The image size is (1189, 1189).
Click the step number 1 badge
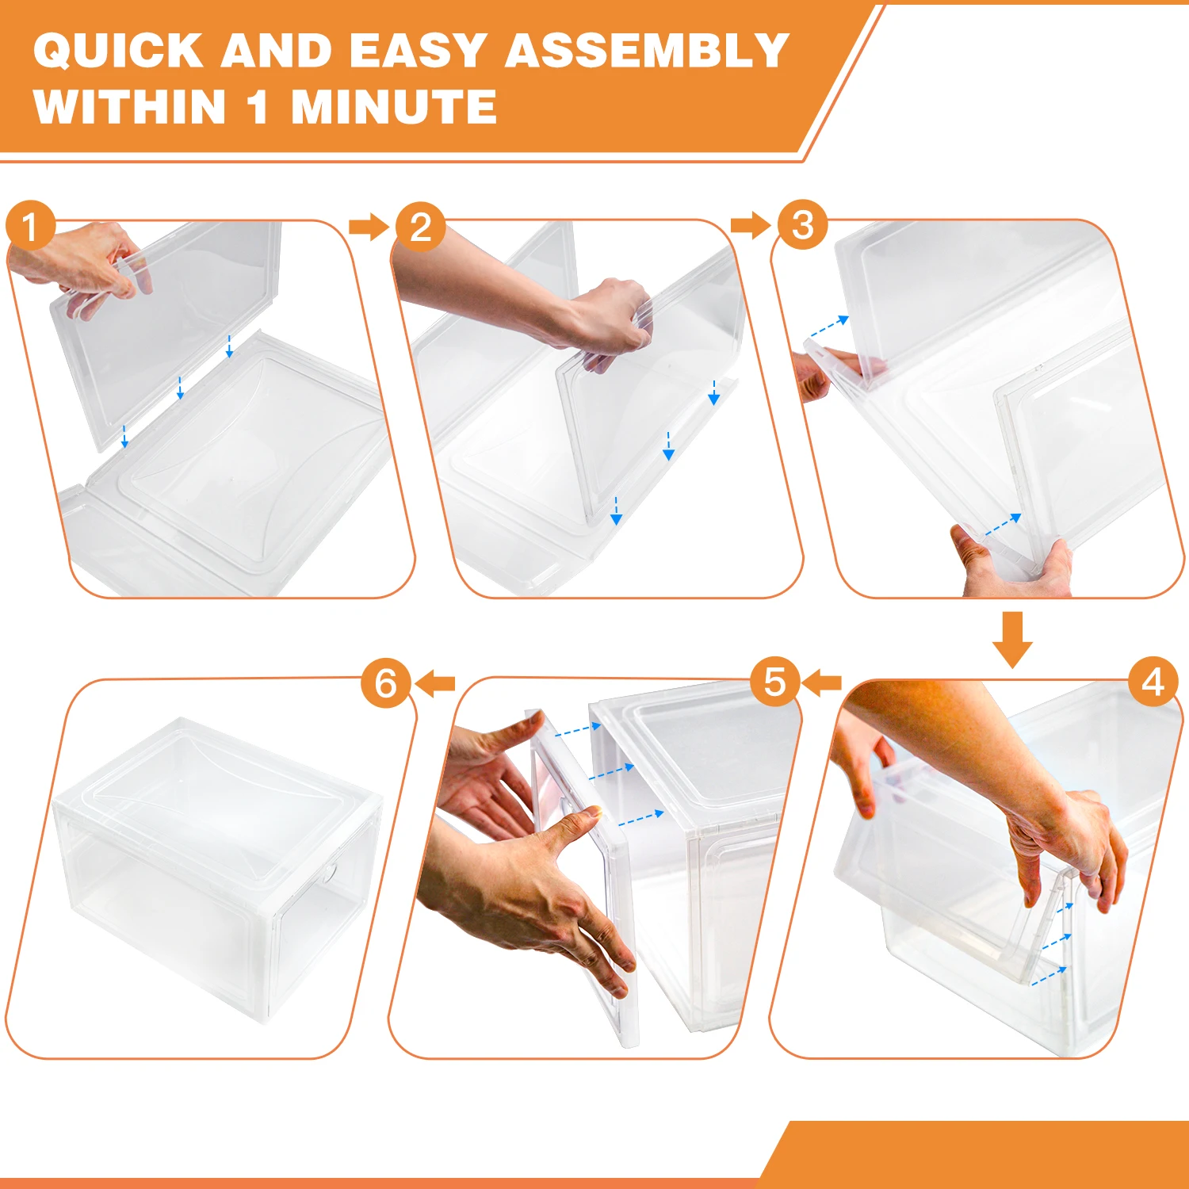tap(30, 226)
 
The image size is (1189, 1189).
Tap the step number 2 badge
tap(420, 227)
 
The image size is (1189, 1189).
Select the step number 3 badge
tap(802, 225)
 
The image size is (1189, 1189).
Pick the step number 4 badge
tap(1153, 682)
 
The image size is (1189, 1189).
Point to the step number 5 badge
tap(774, 682)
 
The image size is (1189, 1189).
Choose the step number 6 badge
tap(386, 683)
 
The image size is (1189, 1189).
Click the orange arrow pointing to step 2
tap(369, 227)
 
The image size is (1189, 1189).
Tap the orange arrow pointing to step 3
tap(751, 225)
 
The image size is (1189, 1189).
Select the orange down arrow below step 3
tap(1012, 640)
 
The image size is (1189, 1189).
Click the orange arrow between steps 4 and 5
tap(821, 682)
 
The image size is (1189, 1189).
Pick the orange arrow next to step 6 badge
tap(434, 682)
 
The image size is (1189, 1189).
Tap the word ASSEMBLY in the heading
tap(647, 51)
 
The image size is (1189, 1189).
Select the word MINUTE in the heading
tap(394, 107)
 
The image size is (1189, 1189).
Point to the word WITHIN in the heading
tap(130, 107)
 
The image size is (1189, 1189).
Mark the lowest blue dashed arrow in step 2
tap(616, 510)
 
